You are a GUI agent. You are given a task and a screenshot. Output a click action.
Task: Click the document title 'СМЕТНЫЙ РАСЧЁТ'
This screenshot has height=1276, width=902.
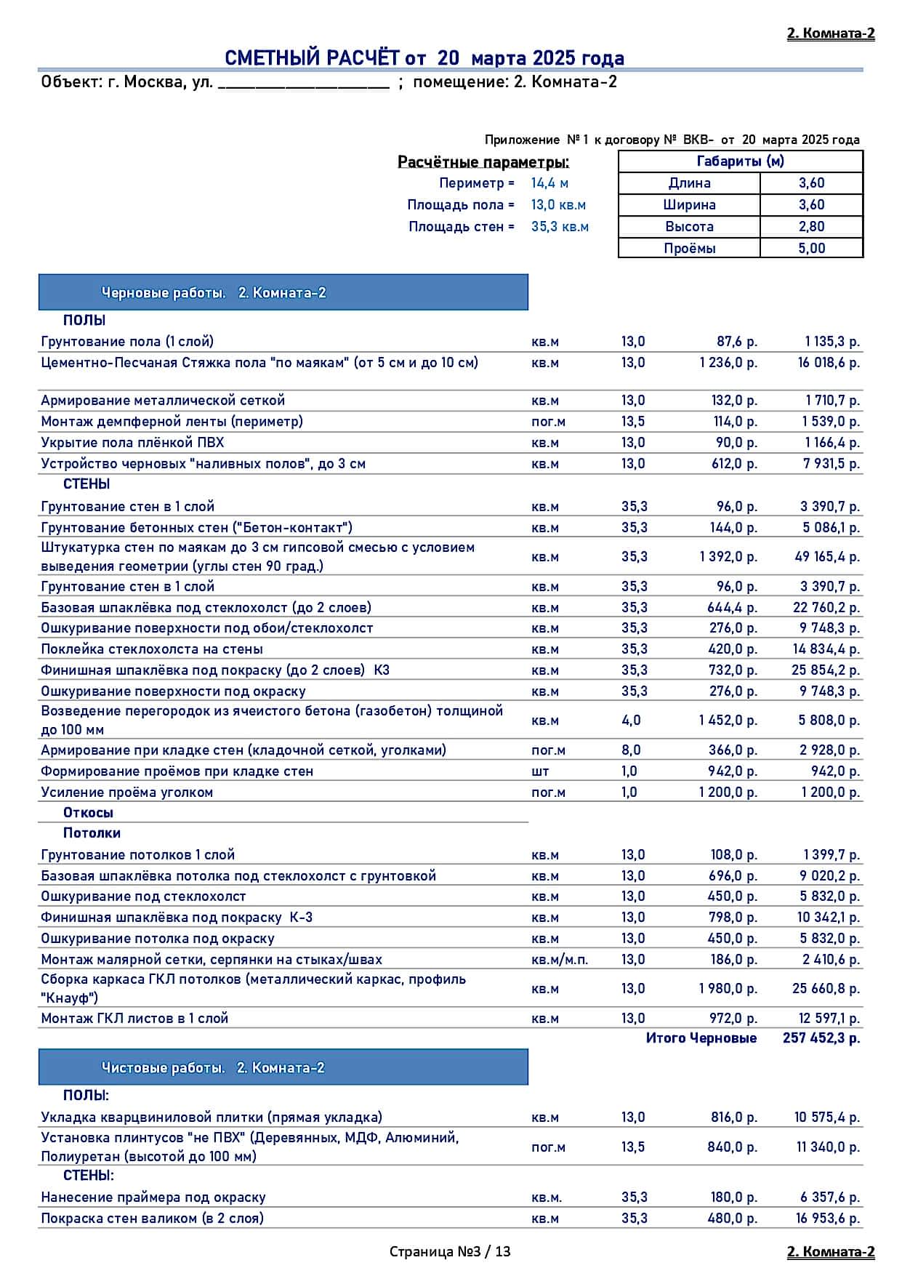coord(313,58)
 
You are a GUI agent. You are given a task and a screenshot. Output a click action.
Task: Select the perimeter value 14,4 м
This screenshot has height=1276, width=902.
coord(549,183)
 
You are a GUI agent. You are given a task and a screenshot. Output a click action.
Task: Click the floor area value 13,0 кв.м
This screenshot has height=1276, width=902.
coord(558,205)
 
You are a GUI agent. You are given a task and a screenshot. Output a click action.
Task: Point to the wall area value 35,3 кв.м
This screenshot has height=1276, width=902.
coord(560,227)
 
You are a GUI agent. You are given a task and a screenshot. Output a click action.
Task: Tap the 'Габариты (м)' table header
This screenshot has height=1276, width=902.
coord(740,161)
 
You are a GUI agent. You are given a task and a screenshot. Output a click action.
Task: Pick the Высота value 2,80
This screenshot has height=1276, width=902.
coord(811,227)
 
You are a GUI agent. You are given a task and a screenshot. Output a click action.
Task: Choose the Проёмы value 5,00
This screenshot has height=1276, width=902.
coord(811,249)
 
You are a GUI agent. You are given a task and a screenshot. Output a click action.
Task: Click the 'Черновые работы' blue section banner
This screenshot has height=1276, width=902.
coord(283,293)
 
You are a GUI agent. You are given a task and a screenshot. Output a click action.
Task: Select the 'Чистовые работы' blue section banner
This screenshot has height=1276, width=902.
coord(283,1068)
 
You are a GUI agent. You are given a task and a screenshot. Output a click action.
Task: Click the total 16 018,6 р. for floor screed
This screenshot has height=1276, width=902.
coord(829,363)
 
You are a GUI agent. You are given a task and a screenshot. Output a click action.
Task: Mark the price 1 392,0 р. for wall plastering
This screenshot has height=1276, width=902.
coord(728,557)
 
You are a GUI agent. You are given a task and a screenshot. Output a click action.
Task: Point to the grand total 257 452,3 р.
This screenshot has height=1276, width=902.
coord(821,1038)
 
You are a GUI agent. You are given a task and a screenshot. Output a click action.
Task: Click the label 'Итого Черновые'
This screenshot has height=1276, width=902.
coord(701,1038)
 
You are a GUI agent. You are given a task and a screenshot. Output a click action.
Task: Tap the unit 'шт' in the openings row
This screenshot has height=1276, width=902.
coord(540,771)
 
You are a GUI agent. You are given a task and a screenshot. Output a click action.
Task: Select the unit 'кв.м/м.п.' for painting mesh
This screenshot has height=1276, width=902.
coord(560,960)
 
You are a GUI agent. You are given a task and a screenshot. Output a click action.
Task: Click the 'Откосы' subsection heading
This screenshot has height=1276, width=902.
coord(88,813)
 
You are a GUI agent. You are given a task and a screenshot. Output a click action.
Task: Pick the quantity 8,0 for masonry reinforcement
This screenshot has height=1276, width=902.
coord(631,750)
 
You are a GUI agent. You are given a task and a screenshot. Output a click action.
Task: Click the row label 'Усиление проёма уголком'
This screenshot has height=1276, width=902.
coord(127,793)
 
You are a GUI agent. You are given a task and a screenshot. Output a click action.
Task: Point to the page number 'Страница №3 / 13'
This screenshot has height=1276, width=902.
coord(450,1251)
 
